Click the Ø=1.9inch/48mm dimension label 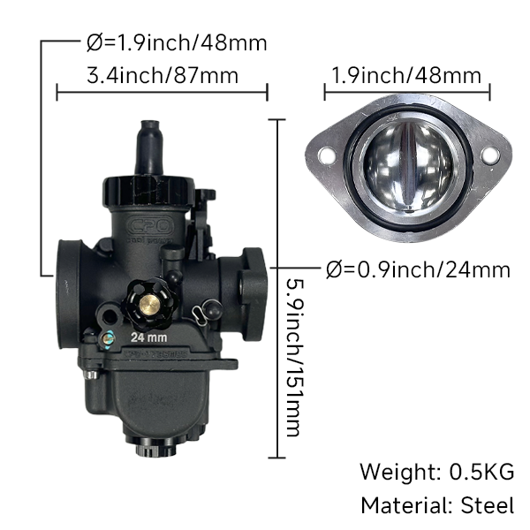178,42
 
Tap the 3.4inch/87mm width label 163,75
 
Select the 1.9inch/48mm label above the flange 406,75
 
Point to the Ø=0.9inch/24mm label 418,269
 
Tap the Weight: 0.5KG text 436,472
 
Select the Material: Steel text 436,505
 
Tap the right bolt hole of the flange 488,156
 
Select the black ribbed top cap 148,188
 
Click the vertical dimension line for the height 279,291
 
